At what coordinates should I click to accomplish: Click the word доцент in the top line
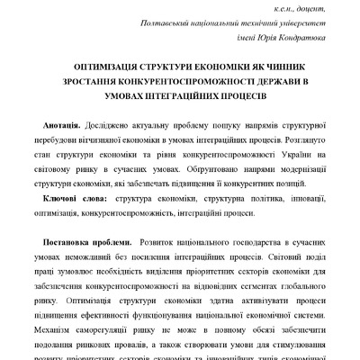(x=305, y=8)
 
